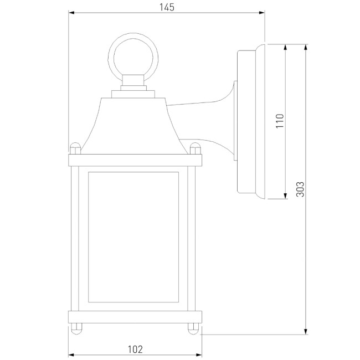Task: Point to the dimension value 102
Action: pos(135,349)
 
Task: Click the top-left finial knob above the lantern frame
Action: pos(75,148)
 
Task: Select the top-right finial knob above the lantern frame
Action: pos(194,148)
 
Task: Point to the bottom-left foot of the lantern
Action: pos(75,328)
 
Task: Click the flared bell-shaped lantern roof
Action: pos(134,125)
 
